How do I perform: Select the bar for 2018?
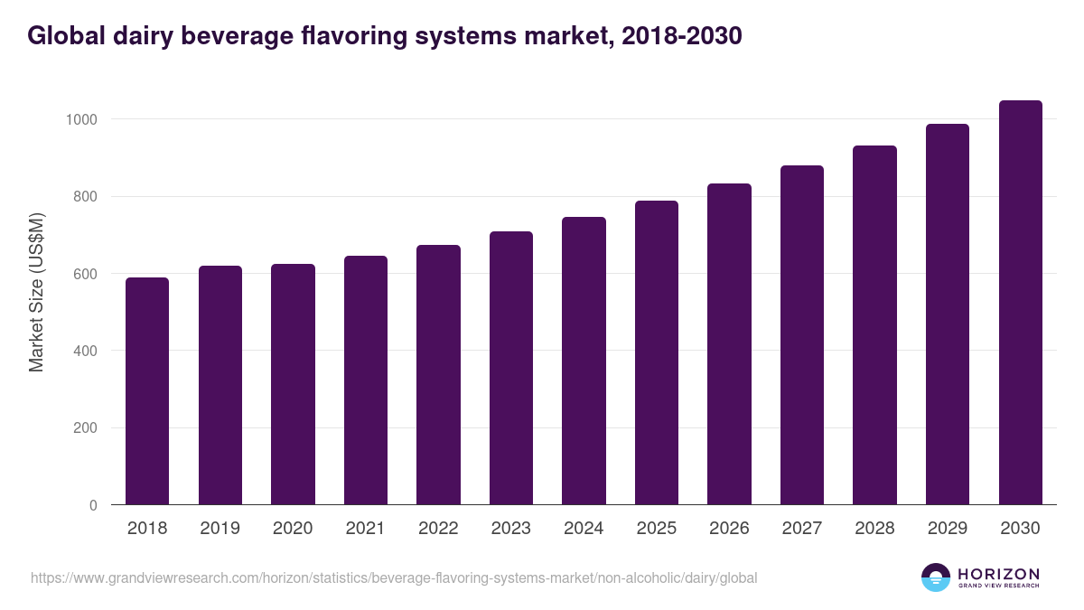pyautogui.click(x=147, y=391)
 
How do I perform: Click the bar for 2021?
pyautogui.click(x=365, y=380)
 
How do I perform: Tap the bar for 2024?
pyautogui.click(x=584, y=361)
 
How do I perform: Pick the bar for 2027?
pyautogui.click(x=801, y=335)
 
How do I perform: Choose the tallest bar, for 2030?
pyautogui.click(x=1020, y=303)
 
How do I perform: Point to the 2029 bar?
pyautogui.click(x=947, y=314)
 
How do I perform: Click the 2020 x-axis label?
pyautogui.click(x=293, y=529)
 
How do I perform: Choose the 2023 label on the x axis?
pyautogui.click(x=511, y=529)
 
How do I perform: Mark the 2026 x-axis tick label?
pyautogui.click(x=729, y=529)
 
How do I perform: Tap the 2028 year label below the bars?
pyautogui.click(x=874, y=529)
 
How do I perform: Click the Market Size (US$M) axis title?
pyautogui.click(x=36, y=292)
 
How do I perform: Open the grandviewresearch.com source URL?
pyautogui.click(x=394, y=577)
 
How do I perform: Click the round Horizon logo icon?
pyautogui.click(x=936, y=577)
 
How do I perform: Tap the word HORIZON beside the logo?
pyautogui.click(x=998, y=574)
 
